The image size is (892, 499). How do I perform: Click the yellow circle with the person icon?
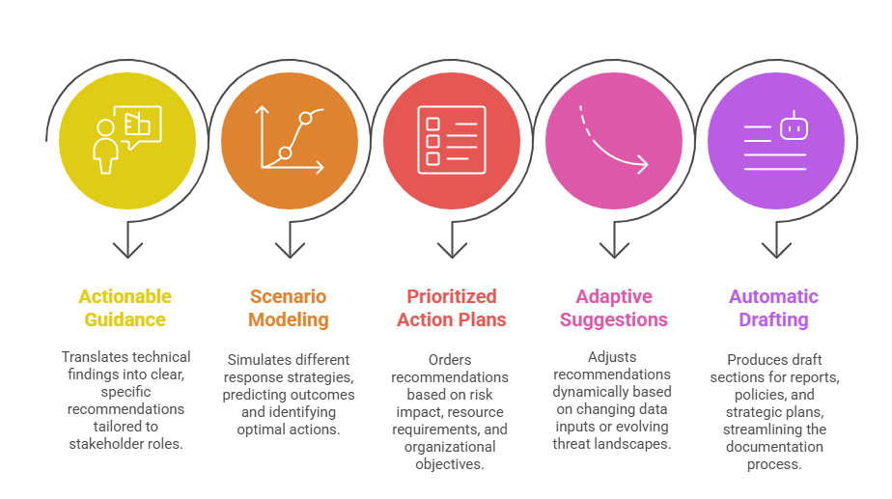(126, 140)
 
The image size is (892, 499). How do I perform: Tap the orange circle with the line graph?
(289, 140)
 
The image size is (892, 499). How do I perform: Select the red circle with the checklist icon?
(451, 140)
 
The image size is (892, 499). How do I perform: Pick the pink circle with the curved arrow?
(613, 140)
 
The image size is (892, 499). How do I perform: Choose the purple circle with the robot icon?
(775, 140)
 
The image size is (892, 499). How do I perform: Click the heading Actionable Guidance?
(125, 308)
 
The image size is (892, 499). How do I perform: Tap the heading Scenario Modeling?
(288, 308)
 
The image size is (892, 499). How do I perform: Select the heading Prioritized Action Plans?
(451, 308)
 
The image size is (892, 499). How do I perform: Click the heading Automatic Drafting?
(773, 308)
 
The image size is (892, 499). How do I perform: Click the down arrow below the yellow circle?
(126, 243)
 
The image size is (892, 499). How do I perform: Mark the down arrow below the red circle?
(451, 243)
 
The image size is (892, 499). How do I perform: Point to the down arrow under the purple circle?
(775, 243)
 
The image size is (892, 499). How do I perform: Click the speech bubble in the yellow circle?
(143, 125)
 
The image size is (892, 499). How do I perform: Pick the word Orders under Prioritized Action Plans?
(450, 360)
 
